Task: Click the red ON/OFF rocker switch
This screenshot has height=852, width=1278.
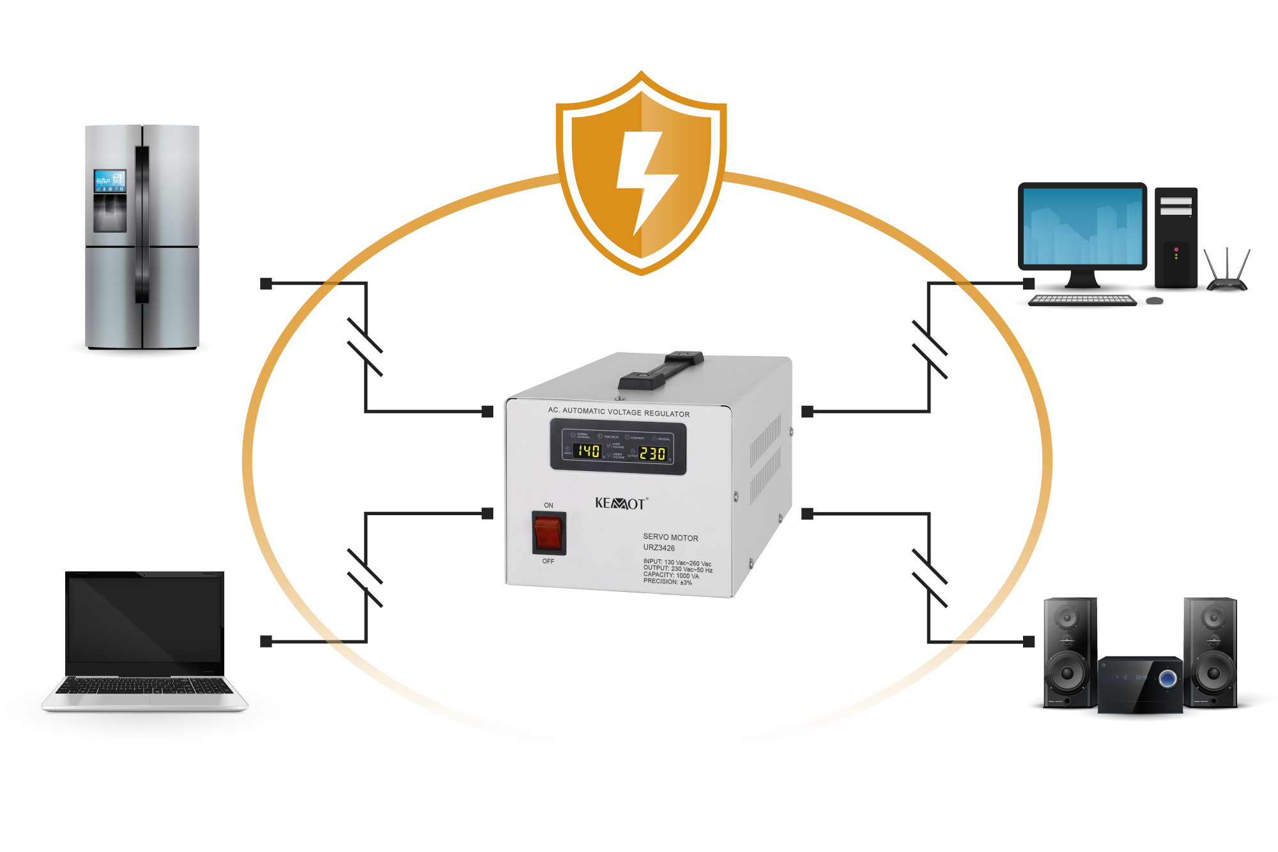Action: (x=548, y=533)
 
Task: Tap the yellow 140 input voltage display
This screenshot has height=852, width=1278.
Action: (x=589, y=451)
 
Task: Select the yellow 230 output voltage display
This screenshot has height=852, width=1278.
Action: (x=652, y=453)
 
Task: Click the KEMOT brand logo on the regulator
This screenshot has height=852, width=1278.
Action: (x=620, y=503)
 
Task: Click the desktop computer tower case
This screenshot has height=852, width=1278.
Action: (x=1176, y=238)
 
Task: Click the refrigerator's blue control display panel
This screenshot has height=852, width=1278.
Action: (x=109, y=181)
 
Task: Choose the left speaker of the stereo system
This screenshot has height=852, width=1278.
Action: (x=1070, y=652)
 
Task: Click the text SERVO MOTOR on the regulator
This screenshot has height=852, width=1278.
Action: (x=670, y=538)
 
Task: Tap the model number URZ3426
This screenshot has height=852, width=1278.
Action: (x=659, y=548)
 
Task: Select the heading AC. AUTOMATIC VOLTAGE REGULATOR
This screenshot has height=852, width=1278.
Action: (x=619, y=412)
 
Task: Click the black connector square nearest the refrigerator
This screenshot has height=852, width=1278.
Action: (x=266, y=283)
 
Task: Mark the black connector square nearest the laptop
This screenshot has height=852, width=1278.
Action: (x=266, y=641)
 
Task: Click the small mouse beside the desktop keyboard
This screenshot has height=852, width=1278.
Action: (x=1154, y=300)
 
